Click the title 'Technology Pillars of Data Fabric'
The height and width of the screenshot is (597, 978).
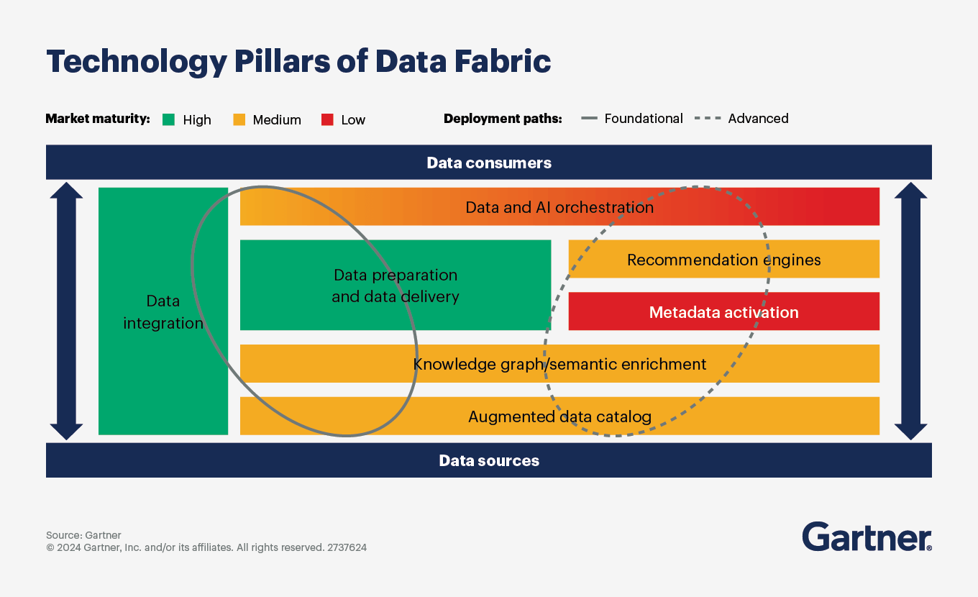coord(298,62)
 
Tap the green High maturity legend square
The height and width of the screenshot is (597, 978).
coord(168,119)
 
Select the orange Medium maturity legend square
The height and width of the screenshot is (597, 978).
coord(239,119)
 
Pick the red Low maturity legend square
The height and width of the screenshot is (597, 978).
coord(327,119)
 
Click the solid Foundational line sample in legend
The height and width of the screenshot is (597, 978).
coord(589,119)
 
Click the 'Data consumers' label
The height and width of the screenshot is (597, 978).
coord(489,163)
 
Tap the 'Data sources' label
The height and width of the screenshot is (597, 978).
coord(489,460)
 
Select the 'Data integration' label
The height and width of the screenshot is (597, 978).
coord(163,312)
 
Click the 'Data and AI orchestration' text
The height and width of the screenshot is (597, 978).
coord(559,207)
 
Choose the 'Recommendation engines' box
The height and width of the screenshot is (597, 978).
coord(723,260)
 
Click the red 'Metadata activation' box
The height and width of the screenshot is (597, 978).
coord(723,312)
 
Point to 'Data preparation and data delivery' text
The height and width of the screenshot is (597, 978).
coord(396,286)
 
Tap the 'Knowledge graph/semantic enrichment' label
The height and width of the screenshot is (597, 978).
coord(559,364)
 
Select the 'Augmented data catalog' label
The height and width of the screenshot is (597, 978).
coord(559,416)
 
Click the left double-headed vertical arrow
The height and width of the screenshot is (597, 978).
coord(66,311)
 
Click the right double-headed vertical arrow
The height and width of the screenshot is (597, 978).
coord(911,311)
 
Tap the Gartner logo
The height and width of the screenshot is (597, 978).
coord(867,537)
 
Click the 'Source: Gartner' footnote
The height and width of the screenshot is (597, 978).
coord(83,535)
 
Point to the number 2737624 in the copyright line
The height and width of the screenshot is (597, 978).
coord(347,547)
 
